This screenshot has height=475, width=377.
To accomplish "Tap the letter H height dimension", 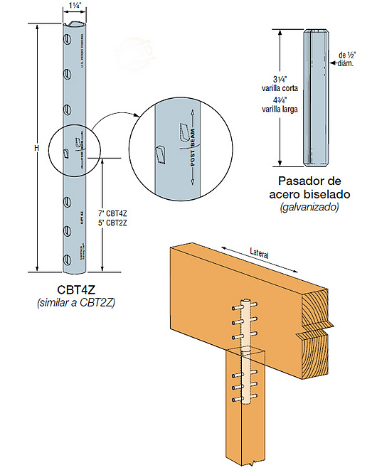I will click(36, 147).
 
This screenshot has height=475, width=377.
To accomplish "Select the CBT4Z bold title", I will click(76, 290).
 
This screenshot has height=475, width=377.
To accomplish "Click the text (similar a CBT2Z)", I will click(76, 304).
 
